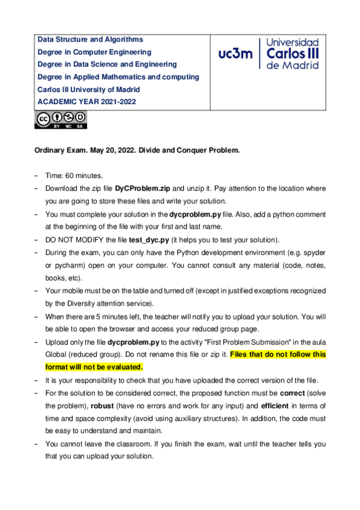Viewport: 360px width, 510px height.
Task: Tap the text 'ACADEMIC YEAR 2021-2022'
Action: (x=87, y=102)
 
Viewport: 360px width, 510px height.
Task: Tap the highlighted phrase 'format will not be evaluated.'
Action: (x=94, y=366)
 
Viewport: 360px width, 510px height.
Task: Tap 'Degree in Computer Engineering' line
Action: (x=94, y=52)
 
